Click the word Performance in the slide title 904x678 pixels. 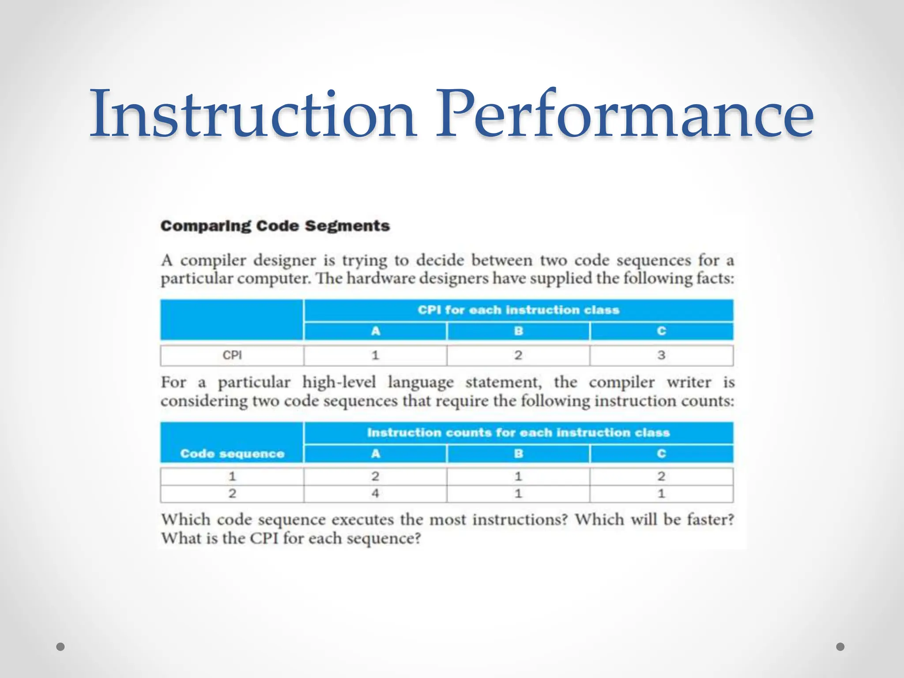(624, 114)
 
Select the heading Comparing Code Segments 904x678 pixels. (275, 226)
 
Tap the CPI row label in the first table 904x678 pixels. (232, 355)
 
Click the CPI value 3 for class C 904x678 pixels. (661, 355)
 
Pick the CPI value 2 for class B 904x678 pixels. (518, 355)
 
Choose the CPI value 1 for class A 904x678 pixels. (375, 355)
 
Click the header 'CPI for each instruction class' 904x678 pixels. (519, 310)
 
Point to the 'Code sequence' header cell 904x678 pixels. (232, 454)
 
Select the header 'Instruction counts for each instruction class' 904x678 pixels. (519, 433)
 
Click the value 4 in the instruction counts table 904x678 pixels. (375, 493)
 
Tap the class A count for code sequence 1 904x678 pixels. (375, 476)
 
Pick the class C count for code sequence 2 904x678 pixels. (661, 493)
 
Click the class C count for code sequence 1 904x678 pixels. (661, 476)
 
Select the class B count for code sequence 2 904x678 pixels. (518, 493)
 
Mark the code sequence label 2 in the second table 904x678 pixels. (232, 493)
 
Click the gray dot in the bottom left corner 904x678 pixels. (61, 647)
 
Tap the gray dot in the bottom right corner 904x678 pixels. (840, 647)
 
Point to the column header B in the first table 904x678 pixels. (518, 331)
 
